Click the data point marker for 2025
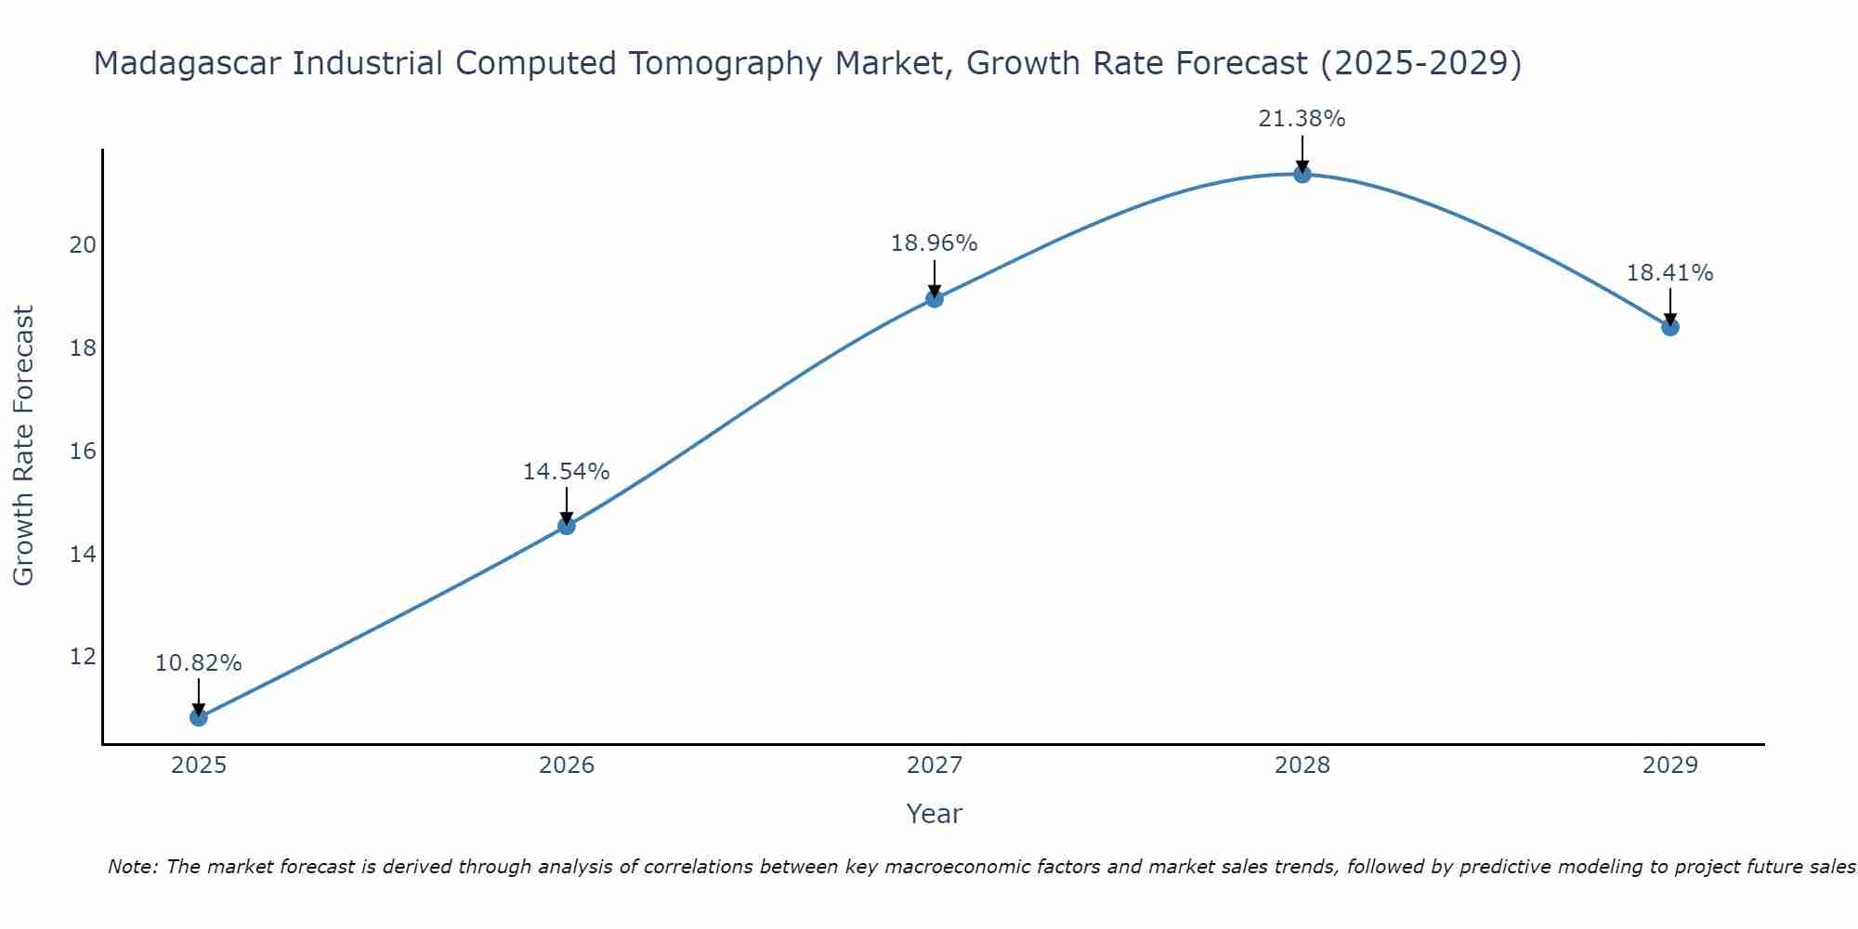(198, 717)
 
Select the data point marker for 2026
(566, 526)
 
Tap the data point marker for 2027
(935, 298)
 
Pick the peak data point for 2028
(1302, 174)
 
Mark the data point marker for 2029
(1670, 327)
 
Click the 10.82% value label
(198, 663)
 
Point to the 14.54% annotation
(566, 472)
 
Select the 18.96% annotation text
(934, 243)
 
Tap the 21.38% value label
(1302, 119)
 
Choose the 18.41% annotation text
(1669, 273)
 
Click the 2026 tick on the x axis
(567, 765)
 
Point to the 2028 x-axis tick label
(1302, 765)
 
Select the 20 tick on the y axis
(83, 245)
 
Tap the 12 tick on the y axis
(83, 657)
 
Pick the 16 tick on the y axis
(83, 451)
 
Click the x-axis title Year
(934, 814)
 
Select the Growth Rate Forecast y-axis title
(23, 446)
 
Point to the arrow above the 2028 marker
(1302, 153)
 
